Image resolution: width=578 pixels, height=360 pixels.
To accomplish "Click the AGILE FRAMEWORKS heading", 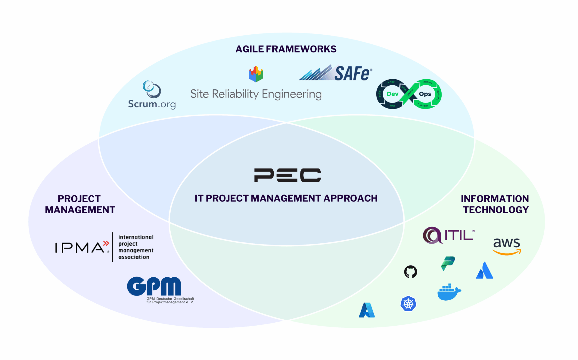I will click(286, 49).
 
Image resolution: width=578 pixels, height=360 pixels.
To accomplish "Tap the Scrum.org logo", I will click(152, 95).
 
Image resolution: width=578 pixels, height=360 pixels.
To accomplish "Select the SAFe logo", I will click(335, 73).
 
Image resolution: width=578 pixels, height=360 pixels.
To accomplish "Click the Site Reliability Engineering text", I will click(256, 94).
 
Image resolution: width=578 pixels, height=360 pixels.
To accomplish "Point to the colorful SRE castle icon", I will click(256, 74).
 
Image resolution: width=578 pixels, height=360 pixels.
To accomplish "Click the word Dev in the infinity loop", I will click(393, 94).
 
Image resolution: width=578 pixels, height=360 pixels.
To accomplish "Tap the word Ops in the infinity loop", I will click(425, 94).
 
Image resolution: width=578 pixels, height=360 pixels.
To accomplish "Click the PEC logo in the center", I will click(287, 175).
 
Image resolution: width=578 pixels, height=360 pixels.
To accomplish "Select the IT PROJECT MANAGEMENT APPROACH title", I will click(286, 198).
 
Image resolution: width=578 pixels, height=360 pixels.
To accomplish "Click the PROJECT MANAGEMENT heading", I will click(80, 204).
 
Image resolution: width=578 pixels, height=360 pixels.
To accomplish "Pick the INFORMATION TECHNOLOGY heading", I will click(495, 204).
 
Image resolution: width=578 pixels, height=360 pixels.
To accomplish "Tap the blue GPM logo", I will click(154, 286).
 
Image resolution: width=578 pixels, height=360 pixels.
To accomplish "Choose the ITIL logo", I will click(449, 235).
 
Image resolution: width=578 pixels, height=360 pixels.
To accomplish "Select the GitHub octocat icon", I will click(411, 272).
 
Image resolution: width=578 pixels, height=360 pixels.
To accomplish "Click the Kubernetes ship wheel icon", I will click(408, 304).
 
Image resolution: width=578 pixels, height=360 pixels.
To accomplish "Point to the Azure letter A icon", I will click(367, 310).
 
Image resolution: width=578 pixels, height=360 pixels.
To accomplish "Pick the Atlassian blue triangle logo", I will click(484, 270).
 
